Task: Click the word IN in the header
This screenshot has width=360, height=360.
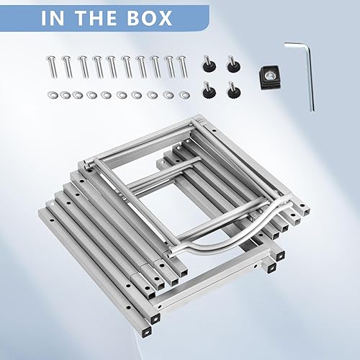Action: [58, 18]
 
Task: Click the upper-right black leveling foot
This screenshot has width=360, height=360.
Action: [233, 65]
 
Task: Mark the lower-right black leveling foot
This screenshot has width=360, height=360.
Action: [233, 90]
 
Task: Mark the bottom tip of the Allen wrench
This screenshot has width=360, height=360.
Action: [312, 109]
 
